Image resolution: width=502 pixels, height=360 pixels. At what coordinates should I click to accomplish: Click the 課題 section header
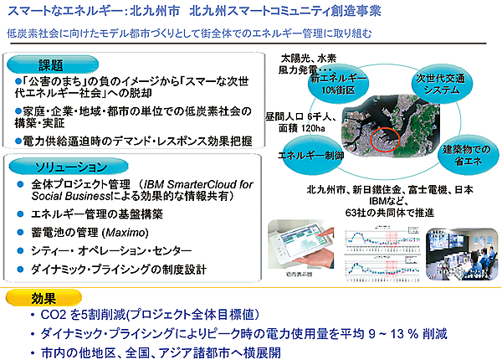50,64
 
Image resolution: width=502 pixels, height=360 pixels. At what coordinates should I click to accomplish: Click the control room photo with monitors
464,250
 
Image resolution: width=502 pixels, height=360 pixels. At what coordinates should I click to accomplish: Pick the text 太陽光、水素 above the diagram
309,59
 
